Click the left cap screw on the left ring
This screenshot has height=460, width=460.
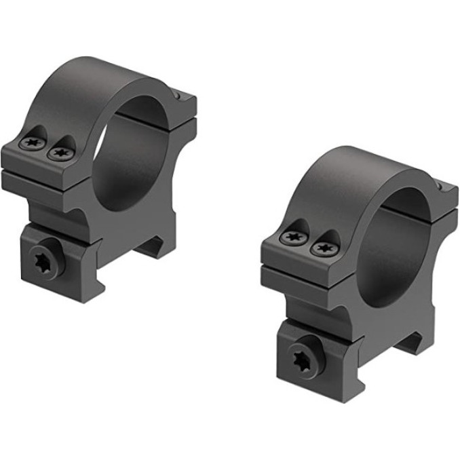click(x=33, y=142)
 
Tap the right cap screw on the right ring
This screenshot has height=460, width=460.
click(x=322, y=248)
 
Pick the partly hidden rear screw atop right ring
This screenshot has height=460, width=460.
click(x=440, y=183)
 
